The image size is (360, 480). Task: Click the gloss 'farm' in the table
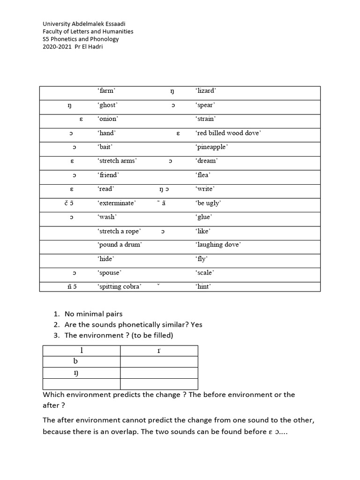click(106, 91)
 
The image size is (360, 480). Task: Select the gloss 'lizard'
click(206, 91)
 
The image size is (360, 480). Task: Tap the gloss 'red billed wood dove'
click(228, 133)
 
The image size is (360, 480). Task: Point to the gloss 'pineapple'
click(212, 147)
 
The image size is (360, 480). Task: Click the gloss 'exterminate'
click(117, 203)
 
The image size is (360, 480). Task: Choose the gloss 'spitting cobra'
click(120, 286)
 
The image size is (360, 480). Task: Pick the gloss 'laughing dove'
click(218, 245)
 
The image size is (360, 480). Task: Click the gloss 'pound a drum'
click(120, 245)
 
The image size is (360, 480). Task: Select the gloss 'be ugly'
click(208, 203)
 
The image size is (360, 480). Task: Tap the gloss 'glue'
click(204, 217)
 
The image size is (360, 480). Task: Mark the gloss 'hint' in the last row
click(203, 286)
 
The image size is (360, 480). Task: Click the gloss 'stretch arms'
click(117, 161)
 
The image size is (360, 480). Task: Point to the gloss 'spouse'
click(109, 273)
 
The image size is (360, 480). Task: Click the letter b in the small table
click(75, 361)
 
